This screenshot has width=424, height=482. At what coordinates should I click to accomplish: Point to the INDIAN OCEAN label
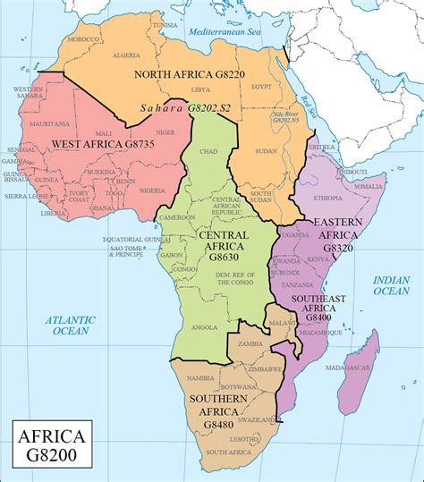(391, 284)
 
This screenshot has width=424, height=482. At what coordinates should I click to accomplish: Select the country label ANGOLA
(205, 327)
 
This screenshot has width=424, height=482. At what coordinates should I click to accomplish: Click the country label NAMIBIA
(200, 378)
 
